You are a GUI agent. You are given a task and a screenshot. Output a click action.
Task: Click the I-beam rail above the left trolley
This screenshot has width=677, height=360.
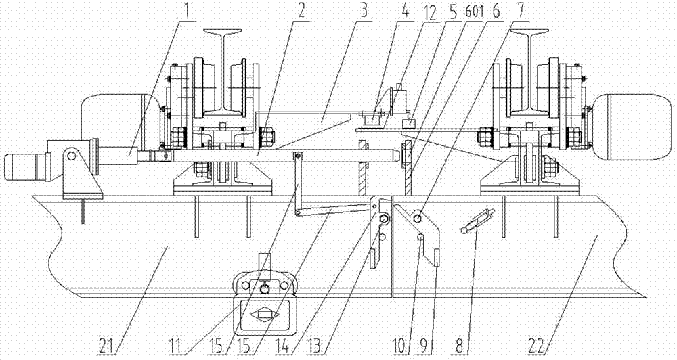[x=223, y=73]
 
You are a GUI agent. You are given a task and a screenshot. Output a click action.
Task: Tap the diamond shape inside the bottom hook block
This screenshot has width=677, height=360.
[x=263, y=315]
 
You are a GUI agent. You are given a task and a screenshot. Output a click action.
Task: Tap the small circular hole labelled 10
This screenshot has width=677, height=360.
[x=420, y=237]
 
